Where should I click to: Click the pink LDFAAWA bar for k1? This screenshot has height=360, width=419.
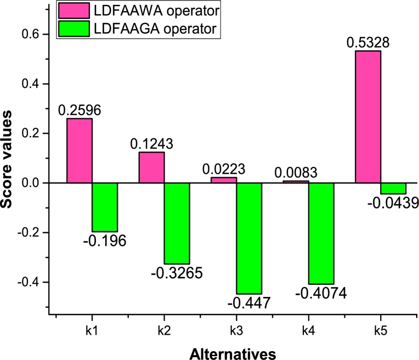pyautogui.click(x=80, y=150)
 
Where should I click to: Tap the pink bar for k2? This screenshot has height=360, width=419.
pyautogui.click(x=151, y=167)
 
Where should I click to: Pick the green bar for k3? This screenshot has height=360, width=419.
pyautogui.click(x=249, y=238)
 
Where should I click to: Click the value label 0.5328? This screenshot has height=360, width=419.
pyautogui.click(x=367, y=42)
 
